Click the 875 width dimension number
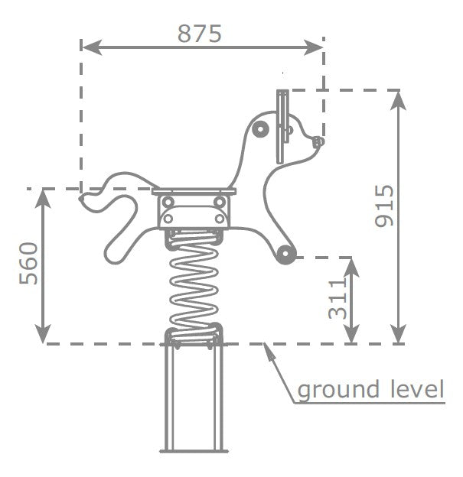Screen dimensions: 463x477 click(200, 34)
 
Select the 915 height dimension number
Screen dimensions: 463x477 click(384, 206)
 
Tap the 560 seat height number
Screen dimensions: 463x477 click(28, 264)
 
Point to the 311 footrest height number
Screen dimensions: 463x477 click(337, 299)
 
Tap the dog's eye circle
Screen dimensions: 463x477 click(260, 130)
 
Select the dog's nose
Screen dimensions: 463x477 click(318, 142)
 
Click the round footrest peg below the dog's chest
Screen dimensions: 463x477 click(285, 254)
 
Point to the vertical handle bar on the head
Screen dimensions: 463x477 click(282, 127)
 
